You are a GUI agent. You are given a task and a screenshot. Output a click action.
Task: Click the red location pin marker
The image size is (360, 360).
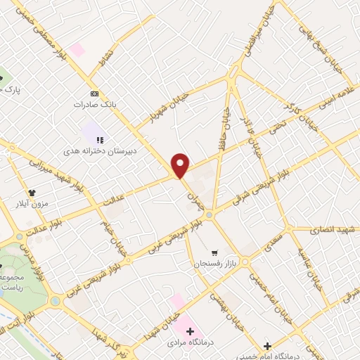pos(181,165)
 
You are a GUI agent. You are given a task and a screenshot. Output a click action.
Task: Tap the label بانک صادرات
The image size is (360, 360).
pos(94,104)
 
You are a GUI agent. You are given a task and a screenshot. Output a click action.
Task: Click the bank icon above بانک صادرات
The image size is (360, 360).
pos(94,93)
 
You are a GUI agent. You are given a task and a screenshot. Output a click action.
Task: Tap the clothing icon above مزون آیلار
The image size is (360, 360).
pos(32,192)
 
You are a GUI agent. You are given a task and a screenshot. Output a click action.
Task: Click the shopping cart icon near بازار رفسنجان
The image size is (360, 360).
pos(214,252)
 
